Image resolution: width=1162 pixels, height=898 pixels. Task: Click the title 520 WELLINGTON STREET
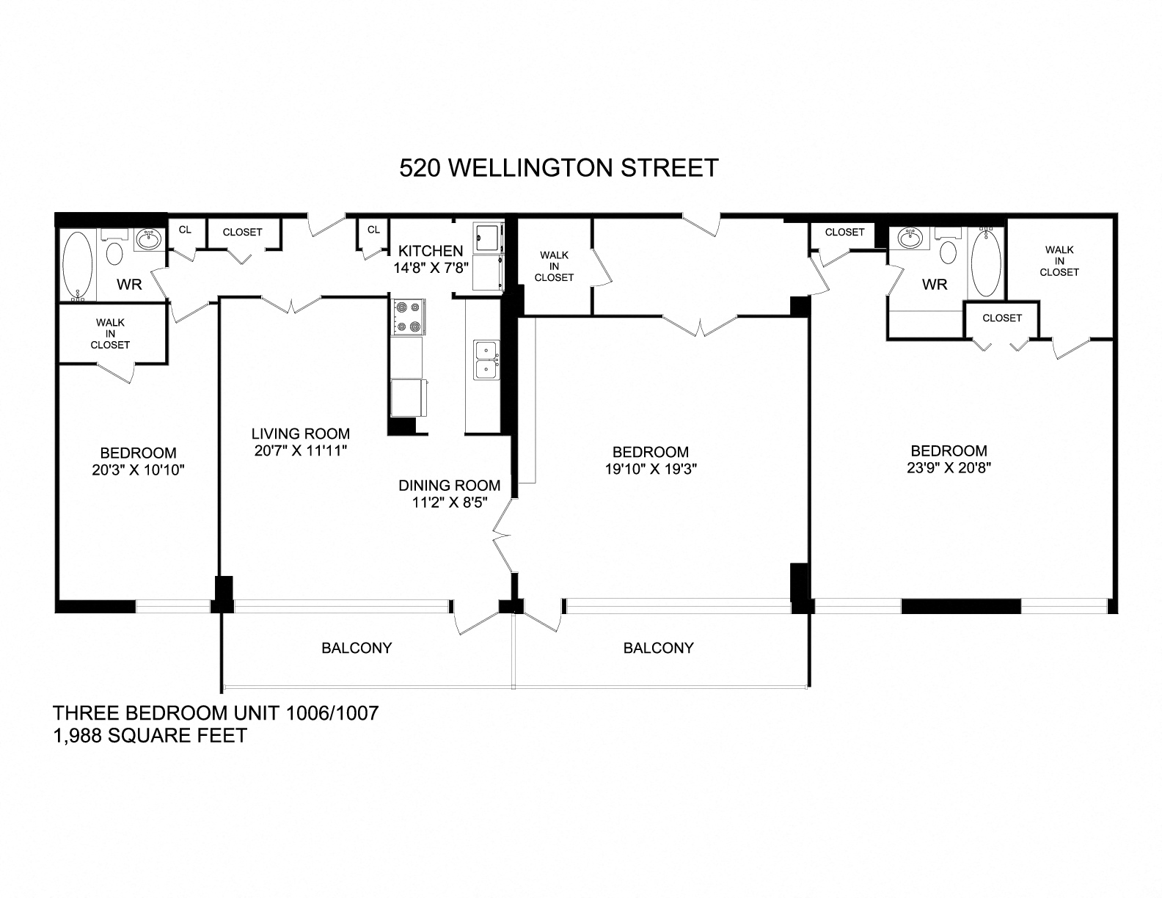click(x=558, y=168)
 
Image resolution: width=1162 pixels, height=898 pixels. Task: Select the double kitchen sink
click(x=485, y=359)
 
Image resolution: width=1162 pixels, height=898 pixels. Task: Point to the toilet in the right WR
click(x=948, y=252)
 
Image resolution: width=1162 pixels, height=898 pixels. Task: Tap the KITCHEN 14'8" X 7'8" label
click(x=431, y=259)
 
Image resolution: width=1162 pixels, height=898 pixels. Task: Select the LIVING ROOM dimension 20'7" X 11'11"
click(x=300, y=452)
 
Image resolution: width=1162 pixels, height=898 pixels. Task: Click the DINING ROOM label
click(x=449, y=486)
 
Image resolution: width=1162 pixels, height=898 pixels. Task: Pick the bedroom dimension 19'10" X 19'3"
click(x=650, y=470)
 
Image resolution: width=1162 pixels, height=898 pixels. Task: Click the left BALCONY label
click(x=357, y=649)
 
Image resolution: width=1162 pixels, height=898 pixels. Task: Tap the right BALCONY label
click(x=658, y=649)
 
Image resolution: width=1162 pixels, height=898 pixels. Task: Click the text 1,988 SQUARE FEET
click(x=150, y=735)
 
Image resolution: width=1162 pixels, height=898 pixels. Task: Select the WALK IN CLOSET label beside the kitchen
click(x=554, y=266)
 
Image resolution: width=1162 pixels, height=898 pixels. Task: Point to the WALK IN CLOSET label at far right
click(x=1059, y=260)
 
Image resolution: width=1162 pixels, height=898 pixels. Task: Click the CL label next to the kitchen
click(x=373, y=230)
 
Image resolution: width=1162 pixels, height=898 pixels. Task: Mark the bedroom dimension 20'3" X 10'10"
click(x=138, y=470)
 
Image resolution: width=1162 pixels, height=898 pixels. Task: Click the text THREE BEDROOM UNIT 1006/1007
click(x=215, y=713)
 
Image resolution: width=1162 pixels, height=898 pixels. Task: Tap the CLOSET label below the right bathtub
click(x=1001, y=318)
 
